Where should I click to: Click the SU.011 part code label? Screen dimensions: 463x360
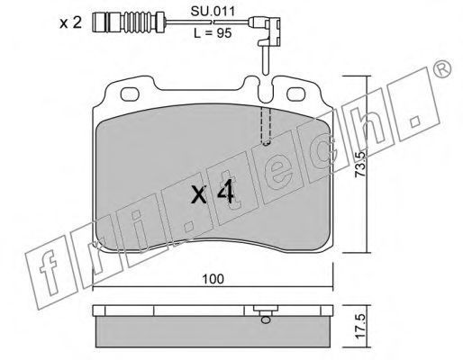(213, 12)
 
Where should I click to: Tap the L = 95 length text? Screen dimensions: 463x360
(213, 33)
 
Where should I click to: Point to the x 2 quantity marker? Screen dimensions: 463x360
(70, 22)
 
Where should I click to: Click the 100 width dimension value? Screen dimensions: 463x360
(213, 279)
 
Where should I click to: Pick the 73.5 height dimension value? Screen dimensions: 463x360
(359, 164)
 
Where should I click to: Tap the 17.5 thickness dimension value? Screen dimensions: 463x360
(359, 326)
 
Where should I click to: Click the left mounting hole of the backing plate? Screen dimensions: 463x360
(130, 94)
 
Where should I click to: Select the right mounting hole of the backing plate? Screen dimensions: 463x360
(296, 94)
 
